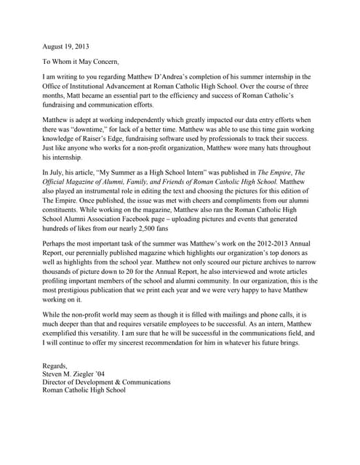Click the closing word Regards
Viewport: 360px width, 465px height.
tap(56, 406)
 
